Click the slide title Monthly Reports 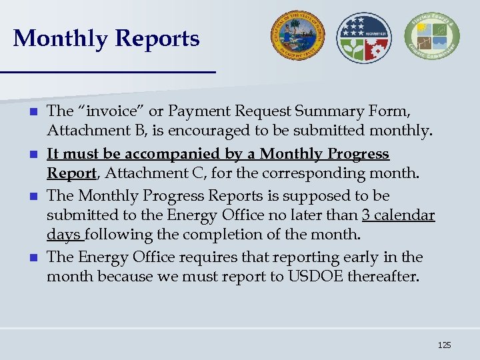[x=106, y=39]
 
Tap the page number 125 [x=444, y=345]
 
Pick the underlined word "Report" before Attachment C [x=71, y=173]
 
